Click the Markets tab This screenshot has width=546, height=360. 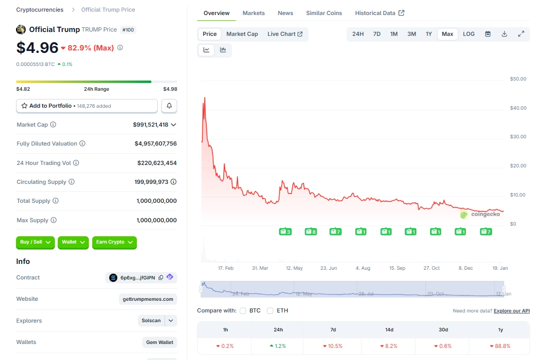point(253,13)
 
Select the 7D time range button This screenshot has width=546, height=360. point(377,34)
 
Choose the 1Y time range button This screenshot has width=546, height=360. point(429,34)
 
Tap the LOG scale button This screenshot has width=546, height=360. point(469,34)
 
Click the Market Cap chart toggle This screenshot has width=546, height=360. point(242,34)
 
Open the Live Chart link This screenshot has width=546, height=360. point(285,34)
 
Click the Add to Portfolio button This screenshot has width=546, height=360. point(87,106)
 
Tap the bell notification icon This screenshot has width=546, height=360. point(169,106)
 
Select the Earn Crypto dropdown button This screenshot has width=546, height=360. point(114,242)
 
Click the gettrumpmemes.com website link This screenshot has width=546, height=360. point(148,299)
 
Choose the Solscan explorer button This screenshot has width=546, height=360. point(151,321)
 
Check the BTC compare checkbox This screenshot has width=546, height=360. point(243,311)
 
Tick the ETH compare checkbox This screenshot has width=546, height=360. point(270,311)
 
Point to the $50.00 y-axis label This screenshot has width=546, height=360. point(518,79)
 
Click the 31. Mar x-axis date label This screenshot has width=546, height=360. point(260,268)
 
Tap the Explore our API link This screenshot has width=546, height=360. point(512,311)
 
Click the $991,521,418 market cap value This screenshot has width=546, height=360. point(150,125)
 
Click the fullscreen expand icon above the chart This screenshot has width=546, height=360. point(521,34)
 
